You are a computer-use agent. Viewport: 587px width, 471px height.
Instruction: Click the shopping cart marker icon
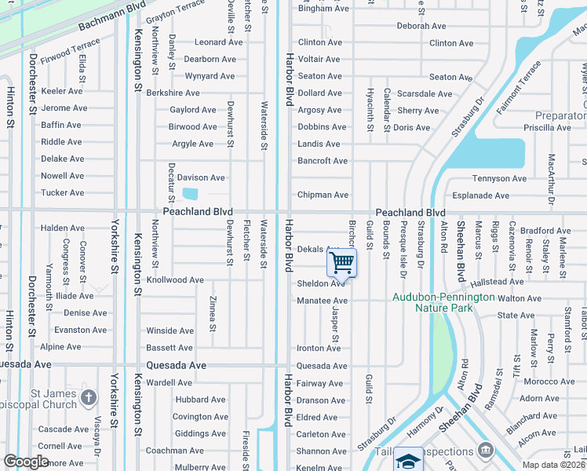tap(341, 262)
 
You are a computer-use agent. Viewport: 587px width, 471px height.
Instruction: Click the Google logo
tap(27, 462)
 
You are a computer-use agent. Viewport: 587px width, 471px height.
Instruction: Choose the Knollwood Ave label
tap(175, 279)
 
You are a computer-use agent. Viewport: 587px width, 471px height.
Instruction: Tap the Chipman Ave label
tap(323, 195)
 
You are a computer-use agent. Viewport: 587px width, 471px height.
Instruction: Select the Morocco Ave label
tap(549, 382)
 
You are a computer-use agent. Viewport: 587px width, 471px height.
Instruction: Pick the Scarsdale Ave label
tap(425, 93)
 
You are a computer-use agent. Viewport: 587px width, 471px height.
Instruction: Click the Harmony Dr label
tap(425, 422)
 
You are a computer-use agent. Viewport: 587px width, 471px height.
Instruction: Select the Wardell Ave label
tap(169, 382)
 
